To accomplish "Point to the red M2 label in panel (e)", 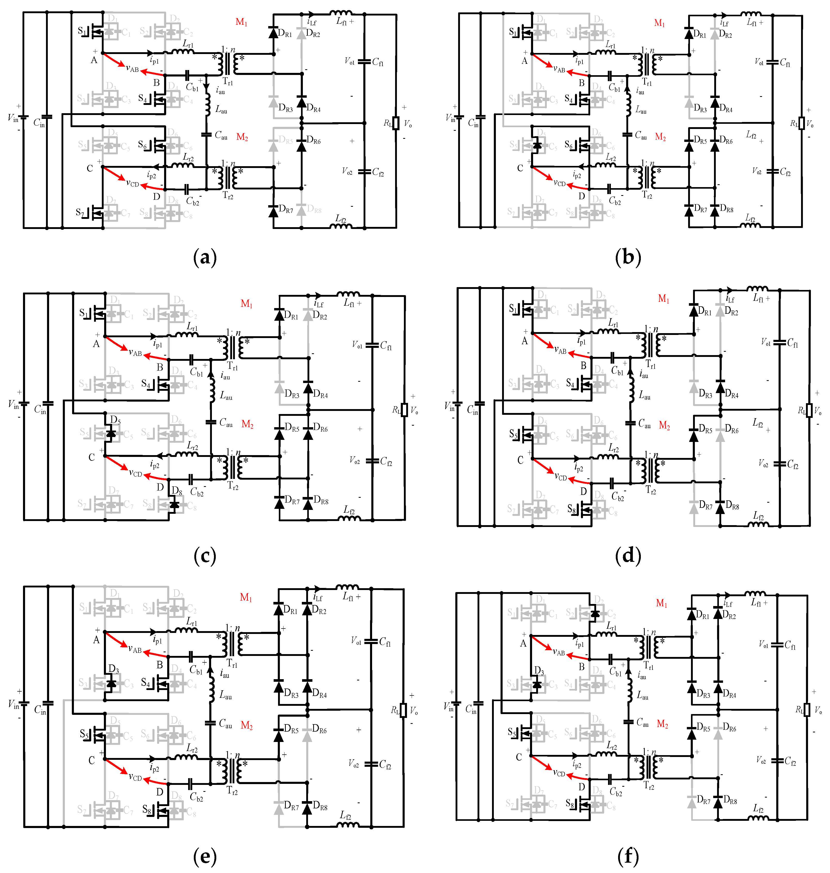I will point(247,726).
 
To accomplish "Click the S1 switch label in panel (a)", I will point(82,31).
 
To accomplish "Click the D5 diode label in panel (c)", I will point(115,419).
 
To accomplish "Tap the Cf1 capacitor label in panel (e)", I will point(385,642).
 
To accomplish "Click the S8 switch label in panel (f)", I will point(571,803).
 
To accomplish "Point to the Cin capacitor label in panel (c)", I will point(40,410).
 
